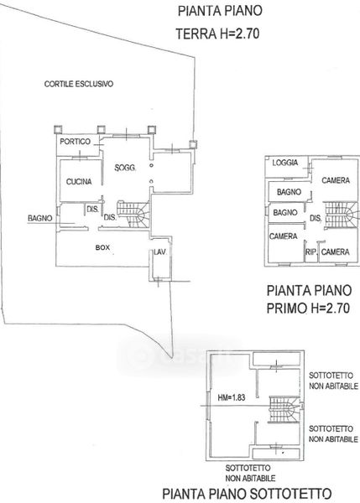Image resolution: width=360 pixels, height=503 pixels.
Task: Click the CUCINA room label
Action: pyautogui.click(x=79, y=182)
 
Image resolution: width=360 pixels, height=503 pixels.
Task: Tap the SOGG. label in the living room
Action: pyautogui.click(x=125, y=168)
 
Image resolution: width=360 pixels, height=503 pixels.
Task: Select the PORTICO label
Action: pyautogui.click(x=76, y=142)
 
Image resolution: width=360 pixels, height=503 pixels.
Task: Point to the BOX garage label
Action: pyautogui.click(x=102, y=247)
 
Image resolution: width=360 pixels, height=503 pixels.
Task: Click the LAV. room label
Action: pyautogui.click(x=160, y=252)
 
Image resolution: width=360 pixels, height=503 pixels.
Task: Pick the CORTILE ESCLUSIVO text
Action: pyautogui.click(x=79, y=84)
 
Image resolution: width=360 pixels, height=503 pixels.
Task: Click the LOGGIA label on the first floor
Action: pyautogui.click(x=285, y=163)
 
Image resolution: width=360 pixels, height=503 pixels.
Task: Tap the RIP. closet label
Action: pyautogui.click(x=310, y=252)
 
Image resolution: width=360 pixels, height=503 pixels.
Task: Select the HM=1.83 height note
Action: pyautogui.click(x=232, y=397)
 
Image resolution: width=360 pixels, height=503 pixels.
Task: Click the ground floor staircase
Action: pyautogui.click(x=133, y=214)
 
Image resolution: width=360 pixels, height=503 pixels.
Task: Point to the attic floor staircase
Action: pyautogui.click(x=284, y=409)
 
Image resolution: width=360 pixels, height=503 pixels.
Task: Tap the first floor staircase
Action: pyautogui.click(x=341, y=215)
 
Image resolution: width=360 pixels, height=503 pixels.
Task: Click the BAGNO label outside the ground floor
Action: pyautogui.click(x=39, y=218)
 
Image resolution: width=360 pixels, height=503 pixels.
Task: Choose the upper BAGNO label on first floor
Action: pyautogui.click(x=289, y=192)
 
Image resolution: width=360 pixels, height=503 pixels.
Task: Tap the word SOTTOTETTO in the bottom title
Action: pyautogui.click(x=291, y=494)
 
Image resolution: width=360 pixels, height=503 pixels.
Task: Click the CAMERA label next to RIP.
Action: pyautogui.click(x=336, y=252)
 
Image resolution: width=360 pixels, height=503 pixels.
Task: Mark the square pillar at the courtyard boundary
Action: pyautogui.click(x=192, y=144)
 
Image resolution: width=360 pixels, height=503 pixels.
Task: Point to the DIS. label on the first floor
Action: pyautogui.click(x=316, y=219)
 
